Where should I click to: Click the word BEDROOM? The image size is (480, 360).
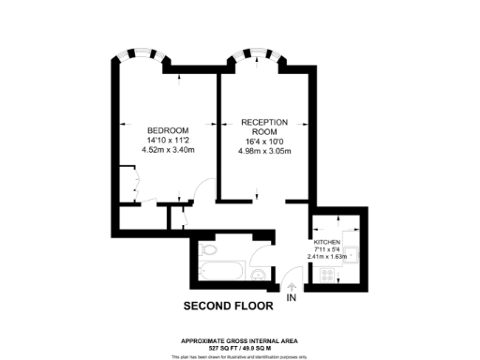(168, 129)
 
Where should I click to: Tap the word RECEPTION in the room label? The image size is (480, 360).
(263, 122)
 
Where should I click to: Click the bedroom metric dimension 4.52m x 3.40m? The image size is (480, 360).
(168, 149)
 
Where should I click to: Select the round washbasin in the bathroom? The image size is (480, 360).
(259, 273)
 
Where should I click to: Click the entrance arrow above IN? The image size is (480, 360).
(292, 288)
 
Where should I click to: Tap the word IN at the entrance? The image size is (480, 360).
(292, 299)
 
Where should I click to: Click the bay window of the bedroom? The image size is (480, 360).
(145, 57)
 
